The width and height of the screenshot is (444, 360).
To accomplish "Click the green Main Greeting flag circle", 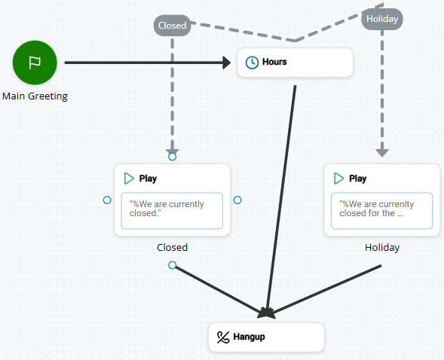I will [x=35, y=63].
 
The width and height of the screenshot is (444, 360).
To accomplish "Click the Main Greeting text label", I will [x=35, y=96].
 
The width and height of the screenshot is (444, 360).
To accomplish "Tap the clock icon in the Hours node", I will [x=253, y=63].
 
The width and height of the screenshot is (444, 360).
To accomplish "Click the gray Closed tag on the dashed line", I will [x=172, y=26].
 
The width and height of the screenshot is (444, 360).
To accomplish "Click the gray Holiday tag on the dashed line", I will [x=381, y=19].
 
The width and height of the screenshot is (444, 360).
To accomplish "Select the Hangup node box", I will [x=266, y=337].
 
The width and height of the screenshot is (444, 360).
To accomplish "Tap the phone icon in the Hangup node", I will [x=222, y=337].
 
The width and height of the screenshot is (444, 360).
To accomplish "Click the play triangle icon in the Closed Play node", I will [x=129, y=178].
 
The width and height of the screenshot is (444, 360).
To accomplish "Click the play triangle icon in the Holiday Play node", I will [x=338, y=178].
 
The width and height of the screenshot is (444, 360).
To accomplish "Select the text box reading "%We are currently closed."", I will [x=172, y=210].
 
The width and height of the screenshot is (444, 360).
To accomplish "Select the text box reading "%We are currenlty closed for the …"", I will [x=381, y=210].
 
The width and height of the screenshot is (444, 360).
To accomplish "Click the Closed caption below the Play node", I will [x=172, y=247].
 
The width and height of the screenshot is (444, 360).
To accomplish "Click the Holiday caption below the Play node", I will [x=381, y=247].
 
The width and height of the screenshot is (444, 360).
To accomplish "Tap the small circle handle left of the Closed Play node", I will [x=107, y=200].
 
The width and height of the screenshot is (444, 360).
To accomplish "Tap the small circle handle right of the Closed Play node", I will [x=237, y=200].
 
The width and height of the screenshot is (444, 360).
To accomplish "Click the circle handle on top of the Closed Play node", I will [x=172, y=157].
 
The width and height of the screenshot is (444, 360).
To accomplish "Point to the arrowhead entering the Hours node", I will [x=226, y=63].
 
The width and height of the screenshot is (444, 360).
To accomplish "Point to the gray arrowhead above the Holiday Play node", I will [x=381, y=152].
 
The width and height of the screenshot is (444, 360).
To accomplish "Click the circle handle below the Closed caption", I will [x=172, y=265].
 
